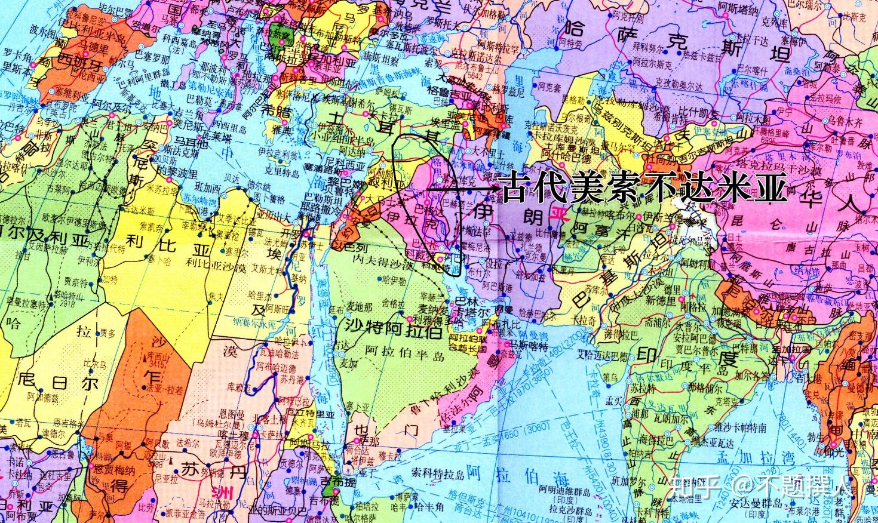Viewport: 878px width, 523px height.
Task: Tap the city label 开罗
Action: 294,233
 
